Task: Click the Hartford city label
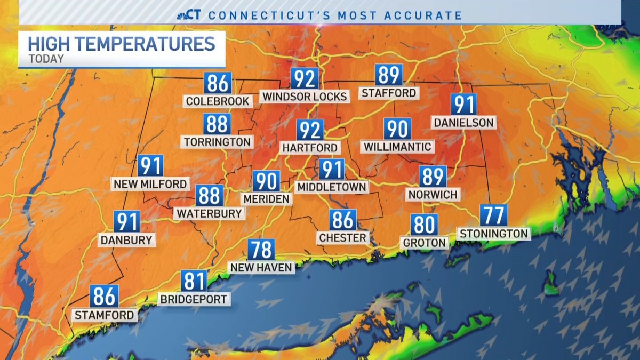point(310,147)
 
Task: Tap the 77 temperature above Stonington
point(493,215)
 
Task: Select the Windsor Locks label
point(305,97)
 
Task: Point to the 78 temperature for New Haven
point(261,250)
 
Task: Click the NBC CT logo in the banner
point(189,15)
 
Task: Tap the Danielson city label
point(463,123)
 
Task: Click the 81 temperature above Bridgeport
point(194,281)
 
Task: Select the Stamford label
point(105,315)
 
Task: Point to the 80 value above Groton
point(424,225)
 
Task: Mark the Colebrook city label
point(218,101)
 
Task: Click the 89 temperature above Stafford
point(388,75)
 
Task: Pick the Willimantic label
point(397,146)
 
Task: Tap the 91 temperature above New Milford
point(150,166)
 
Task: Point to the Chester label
point(342,237)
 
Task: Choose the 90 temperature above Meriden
point(266,181)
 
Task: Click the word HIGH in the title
point(49,44)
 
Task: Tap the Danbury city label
point(127,240)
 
